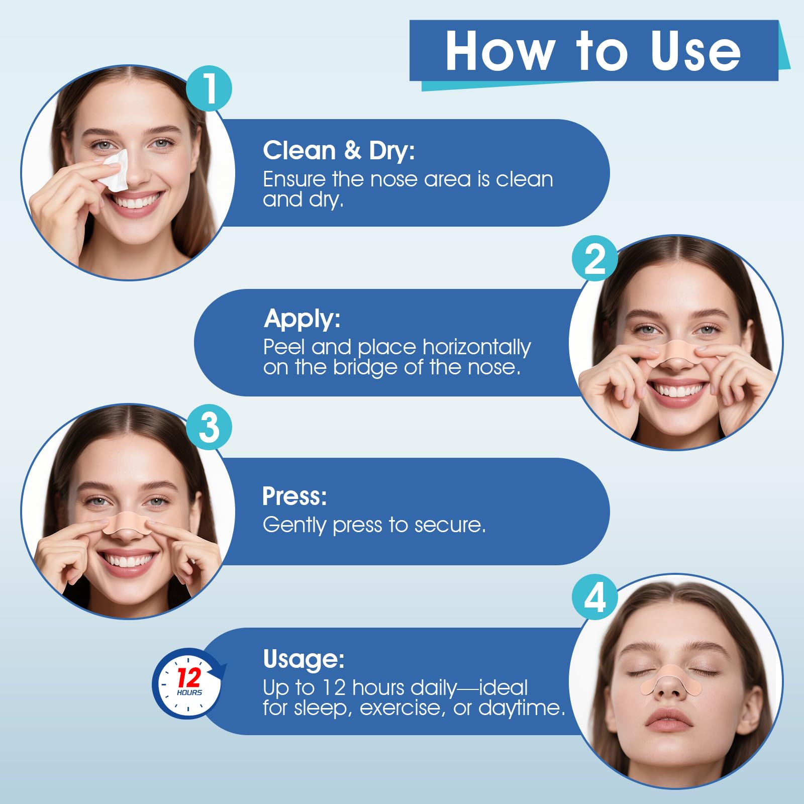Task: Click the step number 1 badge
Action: click(x=209, y=88)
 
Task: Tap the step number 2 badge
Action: click(x=595, y=259)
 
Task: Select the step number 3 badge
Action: click(x=209, y=428)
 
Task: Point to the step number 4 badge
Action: click(x=595, y=597)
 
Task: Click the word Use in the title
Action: click(x=695, y=51)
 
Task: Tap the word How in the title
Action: click(x=500, y=51)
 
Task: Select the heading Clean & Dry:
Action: click(x=339, y=151)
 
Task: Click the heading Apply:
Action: click(x=302, y=319)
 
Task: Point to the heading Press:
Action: click(x=294, y=496)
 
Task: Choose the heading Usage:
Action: click(x=304, y=659)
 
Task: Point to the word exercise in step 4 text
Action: click(x=403, y=708)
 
